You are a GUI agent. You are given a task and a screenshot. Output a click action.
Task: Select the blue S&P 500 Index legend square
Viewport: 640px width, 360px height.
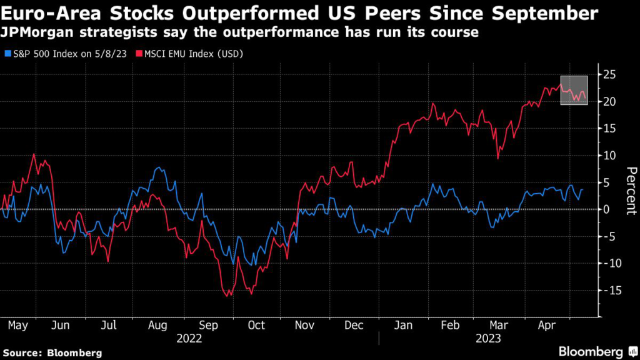pyautogui.click(x=6, y=54)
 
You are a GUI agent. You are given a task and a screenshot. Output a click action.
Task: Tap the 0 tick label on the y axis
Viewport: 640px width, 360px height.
pyautogui.click(x=606, y=209)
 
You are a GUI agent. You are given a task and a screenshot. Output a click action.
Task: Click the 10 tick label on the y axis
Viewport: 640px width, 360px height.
pyautogui.click(x=609, y=156)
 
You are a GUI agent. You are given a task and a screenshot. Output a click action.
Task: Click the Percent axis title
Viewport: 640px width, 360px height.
pyautogui.click(x=631, y=191)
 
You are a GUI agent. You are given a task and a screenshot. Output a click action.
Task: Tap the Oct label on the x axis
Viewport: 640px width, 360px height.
pyautogui.click(x=256, y=326)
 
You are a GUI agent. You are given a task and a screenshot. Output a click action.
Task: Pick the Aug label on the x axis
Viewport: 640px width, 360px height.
pyautogui.click(x=157, y=326)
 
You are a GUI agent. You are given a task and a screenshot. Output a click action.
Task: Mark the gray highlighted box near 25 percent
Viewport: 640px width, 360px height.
pyautogui.click(x=574, y=90)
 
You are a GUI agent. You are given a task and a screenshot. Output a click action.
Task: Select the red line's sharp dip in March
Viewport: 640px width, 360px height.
pyautogui.click(x=498, y=158)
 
